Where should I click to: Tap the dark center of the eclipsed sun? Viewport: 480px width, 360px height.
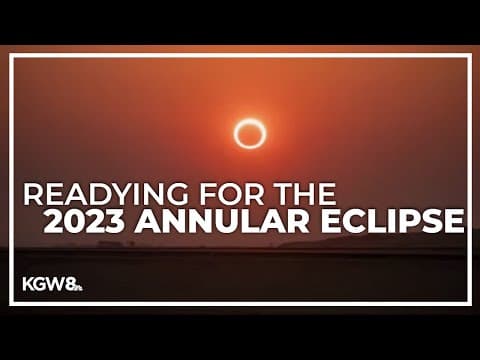249,133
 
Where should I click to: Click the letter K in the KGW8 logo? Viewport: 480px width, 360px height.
29,284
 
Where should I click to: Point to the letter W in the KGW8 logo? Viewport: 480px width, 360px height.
57,284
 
